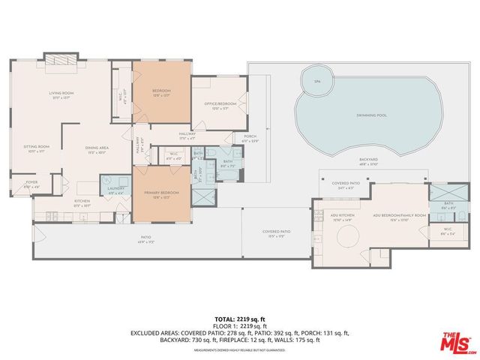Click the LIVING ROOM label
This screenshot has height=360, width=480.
pyautogui.click(x=59, y=94)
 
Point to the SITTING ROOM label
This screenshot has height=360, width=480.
pyautogui.click(x=35, y=148)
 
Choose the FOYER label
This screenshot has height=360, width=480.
pyautogui.click(x=31, y=182)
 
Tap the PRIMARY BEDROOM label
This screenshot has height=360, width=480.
pyautogui.click(x=160, y=193)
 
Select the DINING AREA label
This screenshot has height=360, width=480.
pyautogui.click(x=97, y=148)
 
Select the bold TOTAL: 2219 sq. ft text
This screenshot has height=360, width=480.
pyautogui.click(x=239, y=319)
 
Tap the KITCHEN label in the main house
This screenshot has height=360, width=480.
pyautogui.click(x=82, y=201)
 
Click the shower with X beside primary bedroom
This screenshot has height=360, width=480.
pyautogui.click(x=203, y=197)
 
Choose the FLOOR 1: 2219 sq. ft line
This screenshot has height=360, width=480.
pyautogui.click(x=239, y=325)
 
